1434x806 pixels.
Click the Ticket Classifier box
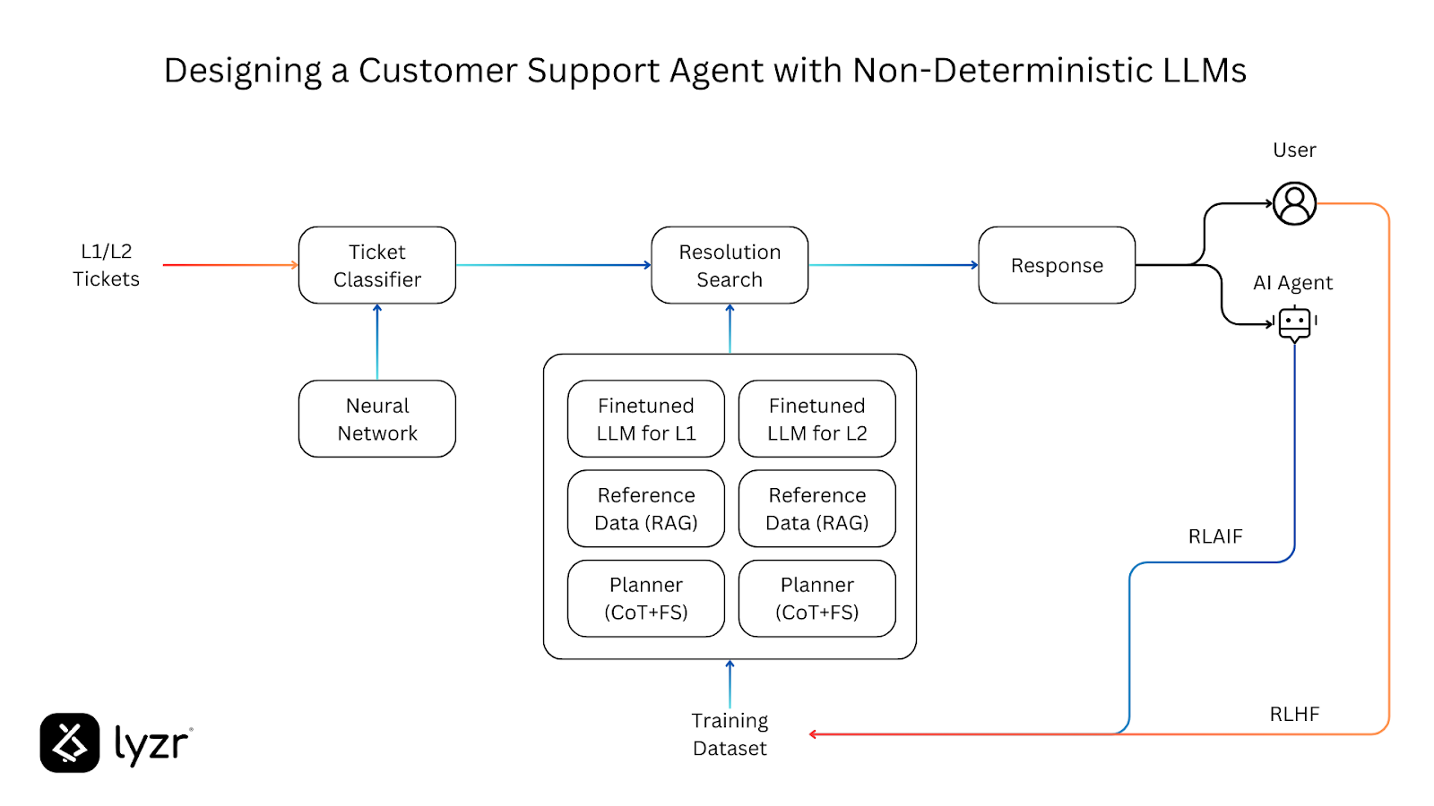coord(376,265)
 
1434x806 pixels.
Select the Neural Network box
coord(376,419)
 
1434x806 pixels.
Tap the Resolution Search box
coord(730,265)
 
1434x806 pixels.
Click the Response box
coord(1057,265)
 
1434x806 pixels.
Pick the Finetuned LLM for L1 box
coord(646,419)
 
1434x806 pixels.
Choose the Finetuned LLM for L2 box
coord(816,419)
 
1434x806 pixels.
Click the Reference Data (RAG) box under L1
coord(646,509)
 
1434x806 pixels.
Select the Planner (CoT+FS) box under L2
coord(816,598)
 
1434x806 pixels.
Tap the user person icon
coord(1294,203)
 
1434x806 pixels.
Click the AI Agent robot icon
coord(1294,323)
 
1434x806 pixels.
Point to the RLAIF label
coord(1215,536)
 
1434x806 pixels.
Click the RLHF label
coord(1294,714)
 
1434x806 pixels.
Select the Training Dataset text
coord(730,734)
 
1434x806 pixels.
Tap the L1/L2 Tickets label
coord(106,265)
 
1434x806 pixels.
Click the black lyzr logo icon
coord(70,742)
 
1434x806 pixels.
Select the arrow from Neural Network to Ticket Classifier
coord(377,342)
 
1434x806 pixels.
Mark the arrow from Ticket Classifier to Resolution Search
coord(553,265)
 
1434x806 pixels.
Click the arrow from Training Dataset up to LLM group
coord(730,684)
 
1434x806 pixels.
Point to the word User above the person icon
coord(1294,150)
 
